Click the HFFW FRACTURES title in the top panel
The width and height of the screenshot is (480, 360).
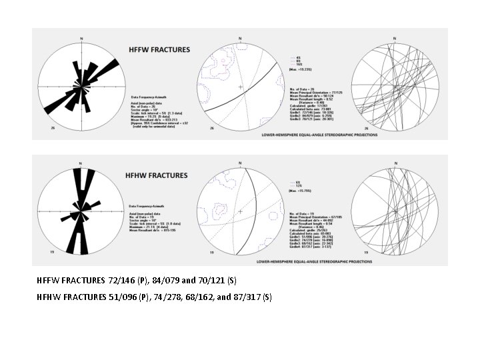pos(159,49)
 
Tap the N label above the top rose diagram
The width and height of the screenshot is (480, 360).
pos(81,38)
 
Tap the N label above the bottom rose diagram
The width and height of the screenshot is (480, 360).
pos(80,163)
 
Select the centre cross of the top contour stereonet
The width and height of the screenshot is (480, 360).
pos(240,87)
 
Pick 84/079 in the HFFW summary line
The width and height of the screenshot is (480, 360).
pos(161,280)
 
